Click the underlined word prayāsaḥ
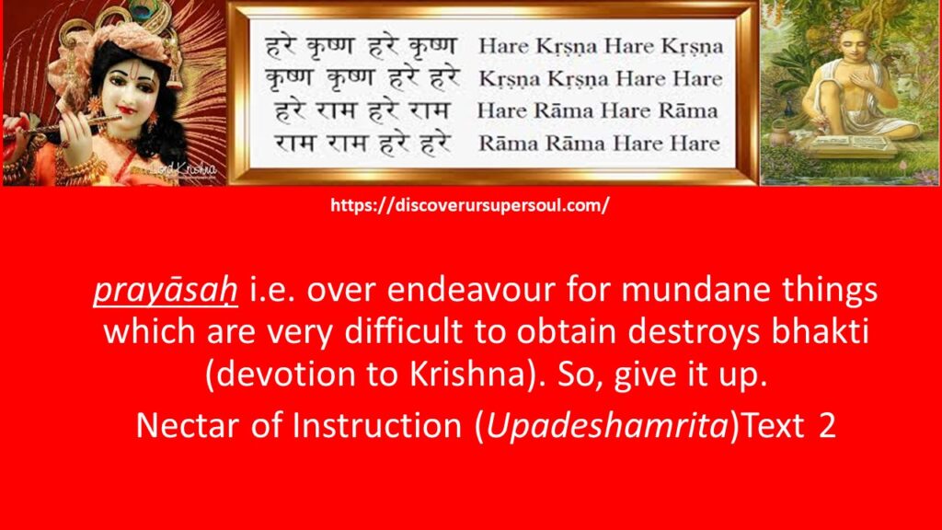click(x=166, y=291)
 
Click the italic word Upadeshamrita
click(x=607, y=426)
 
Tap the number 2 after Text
click(x=827, y=426)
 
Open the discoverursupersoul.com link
click(x=470, y=205)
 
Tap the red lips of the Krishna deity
click(x=125, y=110)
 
